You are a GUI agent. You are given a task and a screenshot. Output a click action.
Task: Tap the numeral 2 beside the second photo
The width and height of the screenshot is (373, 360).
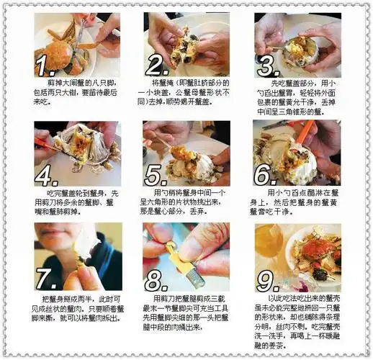[x=155, y=66]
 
